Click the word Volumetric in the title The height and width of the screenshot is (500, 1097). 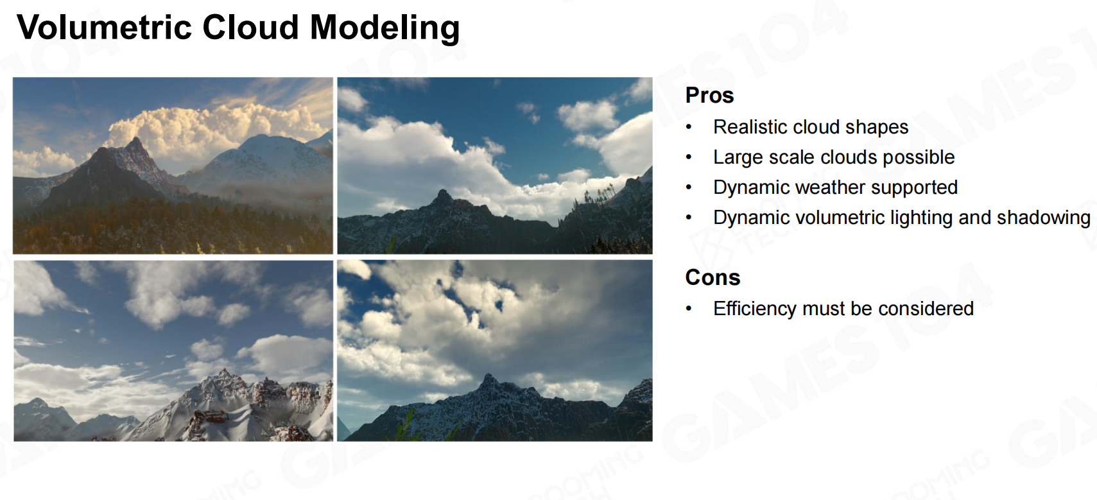pyautogui.click(x=104, y=27)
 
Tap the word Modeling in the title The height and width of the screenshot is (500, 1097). pyautogui.click(x=385, y=28)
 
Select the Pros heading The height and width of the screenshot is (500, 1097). pyautogui.click(x=710, y=95)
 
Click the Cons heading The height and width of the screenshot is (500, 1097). pyautogui.click(x=713, y=277)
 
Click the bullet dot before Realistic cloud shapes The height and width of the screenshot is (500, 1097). pyautogui.click(x=689, y=127)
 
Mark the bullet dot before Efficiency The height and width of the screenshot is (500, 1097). pyautogui.click(x=689, y=309)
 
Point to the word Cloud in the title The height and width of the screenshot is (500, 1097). pyautogui.click(x=250, y=27)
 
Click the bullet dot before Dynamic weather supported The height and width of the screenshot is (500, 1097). pyautogui.click(x=689, y=187)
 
